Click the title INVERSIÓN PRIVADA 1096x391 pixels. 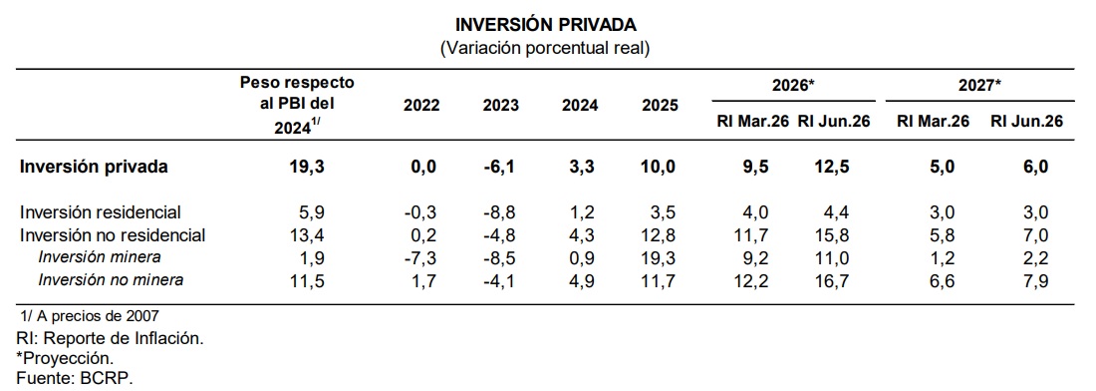[546, 25]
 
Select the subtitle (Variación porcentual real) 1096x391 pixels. [545, 49]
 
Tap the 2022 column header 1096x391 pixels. [421, 106]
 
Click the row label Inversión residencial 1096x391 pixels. [101, 211]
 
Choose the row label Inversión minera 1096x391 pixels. [100, 257]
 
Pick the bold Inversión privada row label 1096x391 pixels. [94, 168]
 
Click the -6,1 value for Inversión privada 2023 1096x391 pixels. [500, 168]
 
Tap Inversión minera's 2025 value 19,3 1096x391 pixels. [661, 258]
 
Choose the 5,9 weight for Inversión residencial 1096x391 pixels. [312, 212]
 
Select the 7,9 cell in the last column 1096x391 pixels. [1037, 280]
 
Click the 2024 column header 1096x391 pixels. [580, 106]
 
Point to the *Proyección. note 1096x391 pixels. [65, 358]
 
